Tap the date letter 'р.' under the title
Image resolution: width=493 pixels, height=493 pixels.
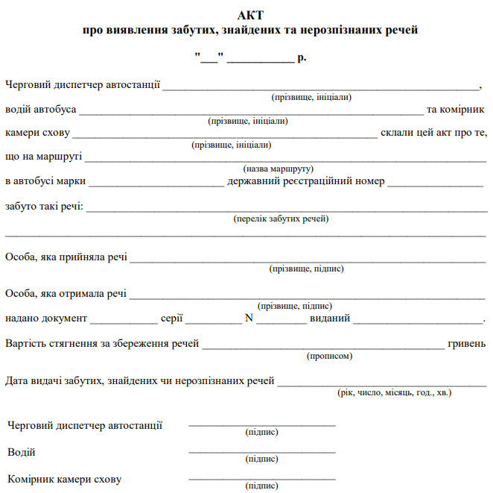[302, 57]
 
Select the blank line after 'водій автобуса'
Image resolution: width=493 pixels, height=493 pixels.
[250, 112]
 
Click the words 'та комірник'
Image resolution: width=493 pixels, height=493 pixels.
[456, 110]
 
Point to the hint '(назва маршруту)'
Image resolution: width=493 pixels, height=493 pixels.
[278, 169]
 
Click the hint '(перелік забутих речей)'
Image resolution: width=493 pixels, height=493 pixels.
[281, 219]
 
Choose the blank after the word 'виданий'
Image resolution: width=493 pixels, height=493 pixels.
[417, 321]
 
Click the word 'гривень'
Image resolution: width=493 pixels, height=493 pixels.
[467, 344]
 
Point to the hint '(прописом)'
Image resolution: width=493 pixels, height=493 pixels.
[329, 356]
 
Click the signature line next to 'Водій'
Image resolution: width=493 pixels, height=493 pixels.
[262, 452]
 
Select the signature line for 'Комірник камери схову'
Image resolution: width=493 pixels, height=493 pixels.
[262, 479]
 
